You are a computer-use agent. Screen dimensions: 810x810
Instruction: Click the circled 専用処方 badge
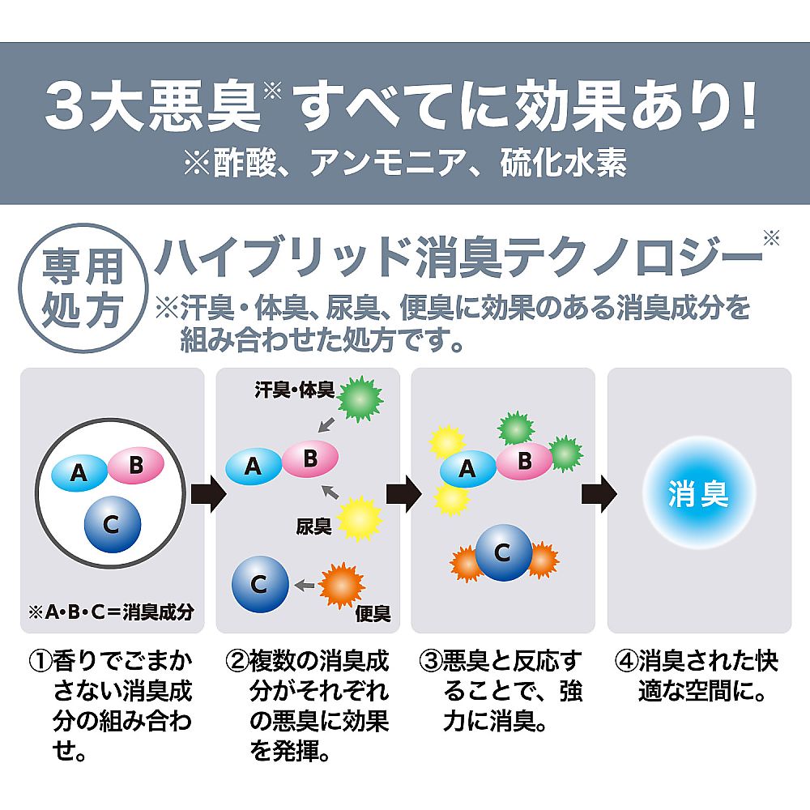(83, 288)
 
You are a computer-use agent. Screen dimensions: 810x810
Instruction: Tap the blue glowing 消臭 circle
(698, 493)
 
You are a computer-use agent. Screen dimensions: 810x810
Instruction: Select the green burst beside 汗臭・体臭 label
(360, 399)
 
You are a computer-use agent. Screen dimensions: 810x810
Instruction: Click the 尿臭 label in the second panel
(313, 526)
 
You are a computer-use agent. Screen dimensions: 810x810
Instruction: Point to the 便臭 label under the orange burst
(373, 613)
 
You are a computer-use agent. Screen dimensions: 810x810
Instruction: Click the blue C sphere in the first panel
(113, 524)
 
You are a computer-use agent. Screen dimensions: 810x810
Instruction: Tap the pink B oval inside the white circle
(136, 465)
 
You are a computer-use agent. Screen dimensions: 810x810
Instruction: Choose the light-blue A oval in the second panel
(254, 467)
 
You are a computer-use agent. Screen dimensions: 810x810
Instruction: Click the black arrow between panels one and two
(209, 494)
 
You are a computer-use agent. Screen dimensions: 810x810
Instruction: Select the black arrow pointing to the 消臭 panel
(599, 494)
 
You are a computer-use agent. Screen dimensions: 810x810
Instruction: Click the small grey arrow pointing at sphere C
(305, 586)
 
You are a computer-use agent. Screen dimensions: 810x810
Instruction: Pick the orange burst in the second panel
(342, 586)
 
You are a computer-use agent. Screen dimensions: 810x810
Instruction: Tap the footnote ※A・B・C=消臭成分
(112, 612)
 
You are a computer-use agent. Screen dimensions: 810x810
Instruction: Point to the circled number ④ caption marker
(626, 661)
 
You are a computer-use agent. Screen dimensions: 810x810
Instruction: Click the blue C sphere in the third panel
(504, 552)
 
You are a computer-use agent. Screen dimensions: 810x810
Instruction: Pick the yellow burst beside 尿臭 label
(360, 518)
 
